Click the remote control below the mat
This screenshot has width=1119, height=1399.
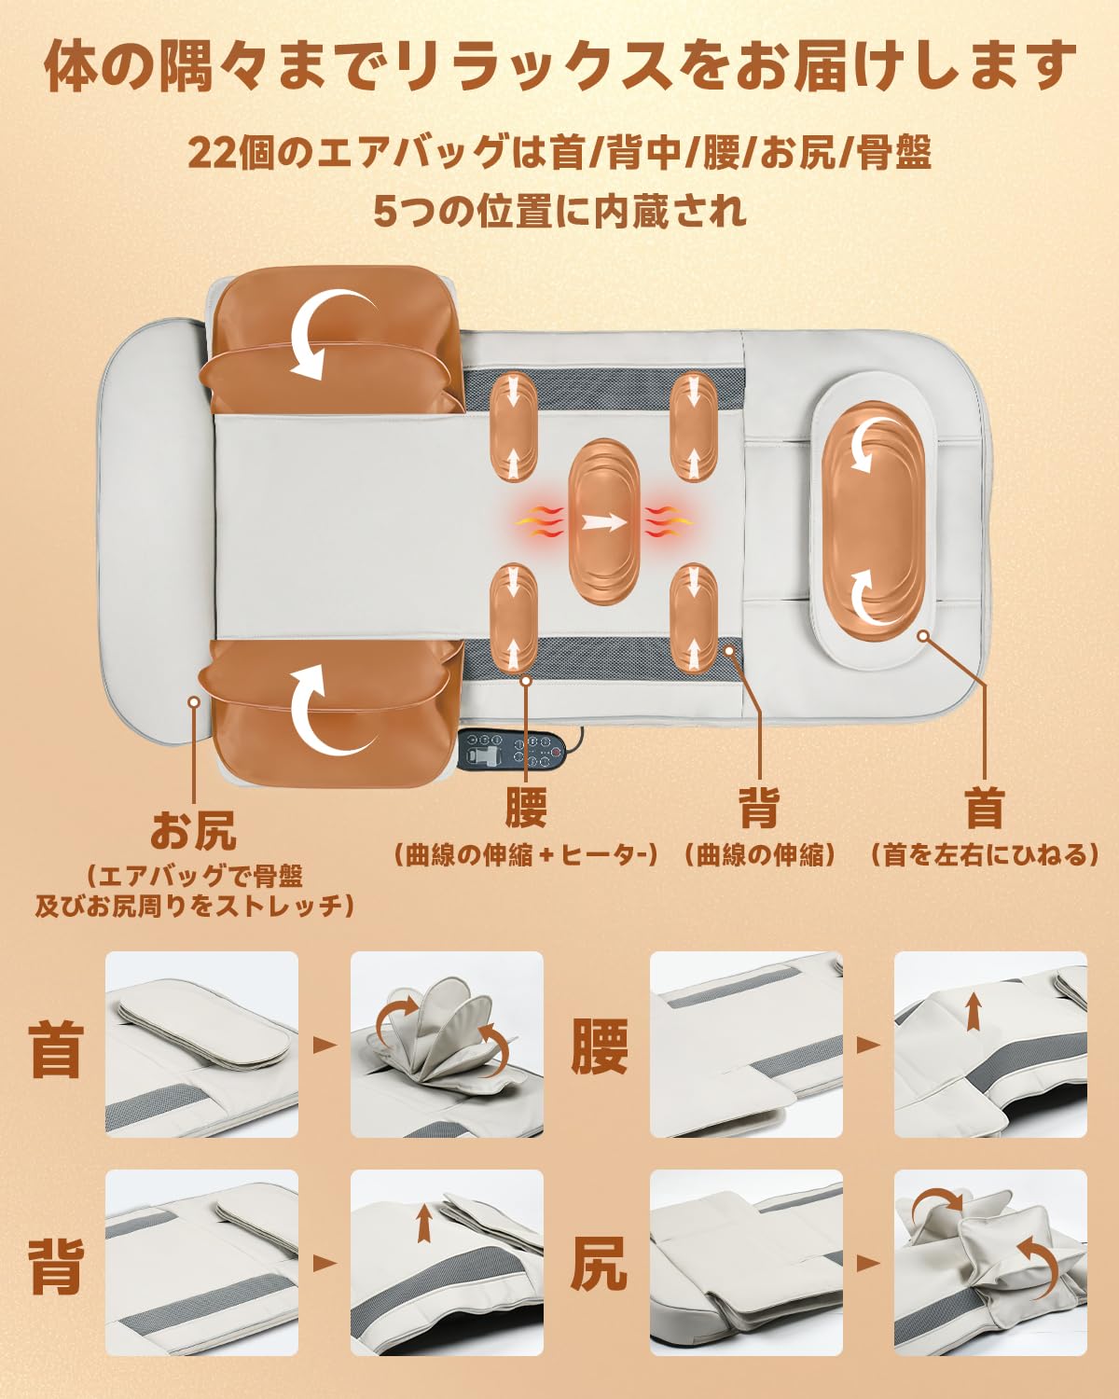coord(513,748)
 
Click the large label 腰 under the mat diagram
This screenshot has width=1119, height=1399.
coord(526,808)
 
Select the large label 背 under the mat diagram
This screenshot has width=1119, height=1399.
coord(758,808)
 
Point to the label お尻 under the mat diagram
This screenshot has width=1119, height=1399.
coord(194,830)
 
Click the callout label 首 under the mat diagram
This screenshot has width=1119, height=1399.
coord(985,808)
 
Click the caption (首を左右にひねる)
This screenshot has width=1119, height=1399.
coord(985,854)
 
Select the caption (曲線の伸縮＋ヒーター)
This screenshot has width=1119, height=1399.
coord(526,854)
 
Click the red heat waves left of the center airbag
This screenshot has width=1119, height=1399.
coord(539,522)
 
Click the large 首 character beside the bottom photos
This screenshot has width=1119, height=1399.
coord(56,1049)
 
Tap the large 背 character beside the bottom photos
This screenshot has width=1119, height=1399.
coord(56,1266)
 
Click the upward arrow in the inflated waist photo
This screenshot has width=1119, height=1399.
coord(974,1010)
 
